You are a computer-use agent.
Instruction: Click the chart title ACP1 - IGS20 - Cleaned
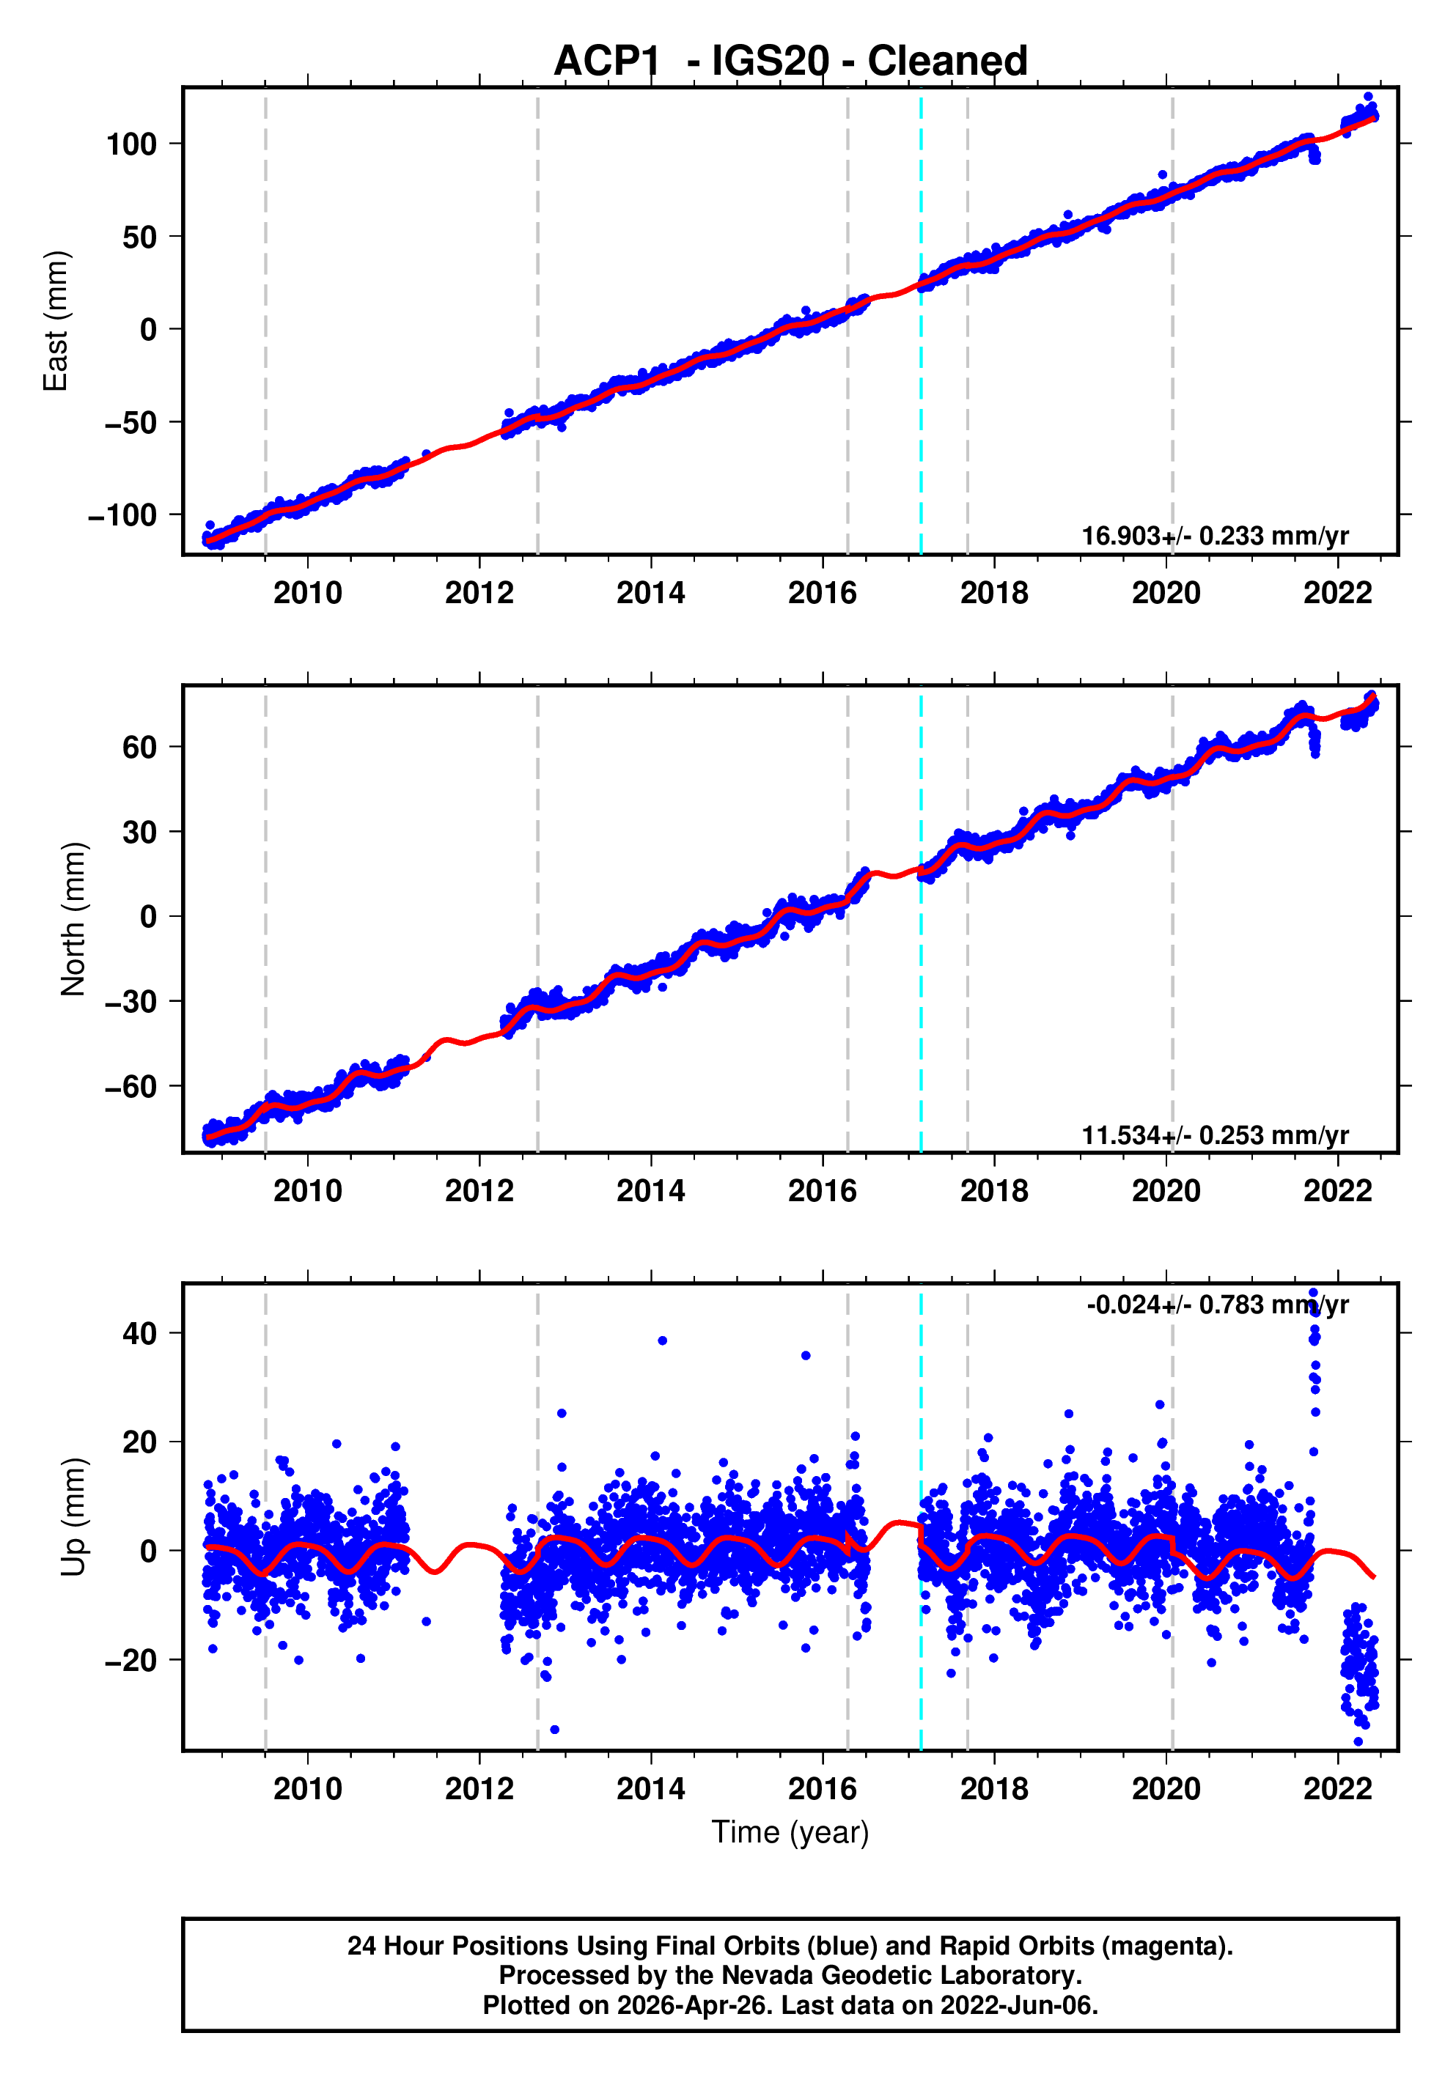[x=790, y=62]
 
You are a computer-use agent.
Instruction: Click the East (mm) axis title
[x=56, y=321]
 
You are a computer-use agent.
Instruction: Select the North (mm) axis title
[x=73, y=919]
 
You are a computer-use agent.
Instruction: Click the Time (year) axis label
[x=790, y=1831]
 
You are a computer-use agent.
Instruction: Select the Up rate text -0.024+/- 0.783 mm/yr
[x=1217, y=1305]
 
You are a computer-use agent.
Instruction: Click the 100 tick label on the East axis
[x=131, y=144]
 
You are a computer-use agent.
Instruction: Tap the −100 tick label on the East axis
[x=122, y=514]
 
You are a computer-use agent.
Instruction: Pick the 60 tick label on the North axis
[x=139, y=748]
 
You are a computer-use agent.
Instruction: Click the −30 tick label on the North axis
[x=130, y=1001]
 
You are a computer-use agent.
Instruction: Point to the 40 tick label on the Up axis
[x=139, y=1333]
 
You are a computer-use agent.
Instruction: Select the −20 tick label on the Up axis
[x=130, y=1661]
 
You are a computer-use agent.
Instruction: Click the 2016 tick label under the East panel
[x=822, y=594]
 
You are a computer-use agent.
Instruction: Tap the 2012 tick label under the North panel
[x=479, y=1192]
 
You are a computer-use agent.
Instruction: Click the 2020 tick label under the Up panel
[x=1166, y=1789]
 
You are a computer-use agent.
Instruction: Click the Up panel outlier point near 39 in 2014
[x=663, y=1340]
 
